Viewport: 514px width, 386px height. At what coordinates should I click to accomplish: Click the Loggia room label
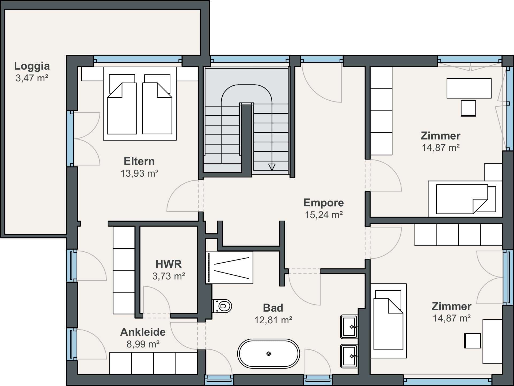(x=32, y=66)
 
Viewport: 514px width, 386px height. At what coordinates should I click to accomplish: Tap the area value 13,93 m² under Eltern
(x=139, y=173)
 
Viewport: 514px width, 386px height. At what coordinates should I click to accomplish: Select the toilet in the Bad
(x=222, y=306)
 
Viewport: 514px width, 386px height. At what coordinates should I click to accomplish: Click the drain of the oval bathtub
(x=269, y=354)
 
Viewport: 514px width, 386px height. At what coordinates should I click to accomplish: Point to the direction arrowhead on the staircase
(x=272, y=167)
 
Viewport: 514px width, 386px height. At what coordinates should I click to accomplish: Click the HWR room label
(x=169, y=264)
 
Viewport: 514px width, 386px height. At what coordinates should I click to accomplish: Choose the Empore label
(x=323, y=203)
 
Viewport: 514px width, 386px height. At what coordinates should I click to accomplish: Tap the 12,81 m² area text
(x=273, y=320)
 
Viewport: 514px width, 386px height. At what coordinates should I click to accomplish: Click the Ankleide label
(x=143, y=332)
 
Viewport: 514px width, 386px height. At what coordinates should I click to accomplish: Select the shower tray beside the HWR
(x=229, y=267)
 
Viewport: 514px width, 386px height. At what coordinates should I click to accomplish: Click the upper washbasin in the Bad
(x=349, y=327)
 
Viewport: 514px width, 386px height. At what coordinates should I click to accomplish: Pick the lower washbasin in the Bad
(x=349, y=356)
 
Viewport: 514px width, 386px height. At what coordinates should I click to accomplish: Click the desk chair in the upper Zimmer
(x=468, y=108)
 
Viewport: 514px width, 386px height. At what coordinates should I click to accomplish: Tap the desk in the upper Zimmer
(x=469, y=88)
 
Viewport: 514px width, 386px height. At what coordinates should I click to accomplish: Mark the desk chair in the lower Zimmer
(x=473, y=340)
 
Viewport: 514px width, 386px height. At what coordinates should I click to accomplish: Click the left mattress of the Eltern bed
(x=122, y=108)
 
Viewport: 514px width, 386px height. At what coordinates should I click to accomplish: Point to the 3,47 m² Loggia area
(x=32, y=78)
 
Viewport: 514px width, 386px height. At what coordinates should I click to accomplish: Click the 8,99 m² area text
(x=143, y=344)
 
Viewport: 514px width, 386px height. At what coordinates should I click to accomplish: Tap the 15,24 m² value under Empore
(x=324, y=215)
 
